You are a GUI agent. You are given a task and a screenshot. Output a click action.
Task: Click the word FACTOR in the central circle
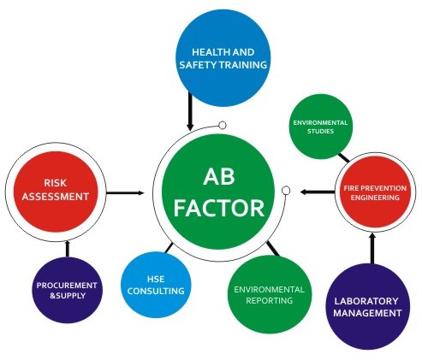point(219,208)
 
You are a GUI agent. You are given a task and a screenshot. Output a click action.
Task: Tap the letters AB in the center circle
point(219,177)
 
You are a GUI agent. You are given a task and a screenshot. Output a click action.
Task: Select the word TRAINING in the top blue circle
point(243,65)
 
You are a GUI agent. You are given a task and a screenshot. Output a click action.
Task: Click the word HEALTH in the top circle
point(206,52)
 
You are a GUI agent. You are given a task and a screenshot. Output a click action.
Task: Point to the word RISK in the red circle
point(56,183)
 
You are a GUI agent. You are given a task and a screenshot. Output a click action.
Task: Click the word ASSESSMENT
point(56,197)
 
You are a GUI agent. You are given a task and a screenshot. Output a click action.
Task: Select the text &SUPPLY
point(68,296)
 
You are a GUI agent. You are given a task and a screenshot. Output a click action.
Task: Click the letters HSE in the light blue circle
point(156,279)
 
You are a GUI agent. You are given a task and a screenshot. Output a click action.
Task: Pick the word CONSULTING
point(156,291)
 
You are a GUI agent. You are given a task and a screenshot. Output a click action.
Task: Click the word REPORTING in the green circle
point(270,301)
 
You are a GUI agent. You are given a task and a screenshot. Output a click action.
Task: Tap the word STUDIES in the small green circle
point(320,132)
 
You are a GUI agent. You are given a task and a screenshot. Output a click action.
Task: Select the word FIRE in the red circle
point(351,188)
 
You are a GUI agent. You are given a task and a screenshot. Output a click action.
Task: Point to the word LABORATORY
point(366,301)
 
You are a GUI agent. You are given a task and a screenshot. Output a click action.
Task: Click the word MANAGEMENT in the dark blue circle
point(367,313)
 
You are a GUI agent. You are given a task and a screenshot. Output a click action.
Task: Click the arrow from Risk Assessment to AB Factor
point(125,193)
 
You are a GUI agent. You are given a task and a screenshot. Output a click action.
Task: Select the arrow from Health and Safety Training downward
point(190,111)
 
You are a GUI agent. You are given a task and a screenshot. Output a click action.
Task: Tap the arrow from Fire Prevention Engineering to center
point(318,192)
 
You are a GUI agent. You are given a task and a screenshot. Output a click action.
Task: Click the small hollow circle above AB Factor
point(223,125)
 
